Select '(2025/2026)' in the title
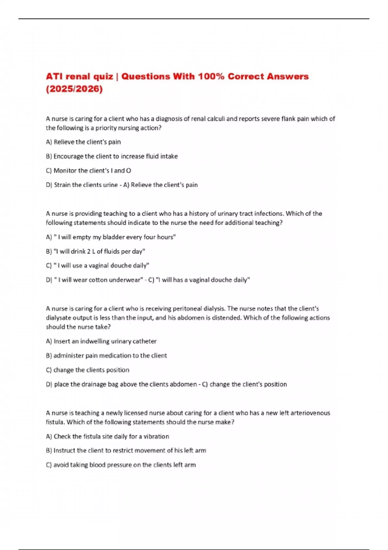point(74,89)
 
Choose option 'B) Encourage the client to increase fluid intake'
point(112,156)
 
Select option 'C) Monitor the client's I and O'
point(88,170)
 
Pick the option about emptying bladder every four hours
point(111,237)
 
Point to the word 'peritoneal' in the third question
point(188,309)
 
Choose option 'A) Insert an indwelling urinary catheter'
point(101,341)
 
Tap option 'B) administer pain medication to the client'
point(106,356)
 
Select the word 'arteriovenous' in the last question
point(310,413)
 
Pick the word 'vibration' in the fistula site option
point(156,436)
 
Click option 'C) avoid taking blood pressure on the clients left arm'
point(121,465)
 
